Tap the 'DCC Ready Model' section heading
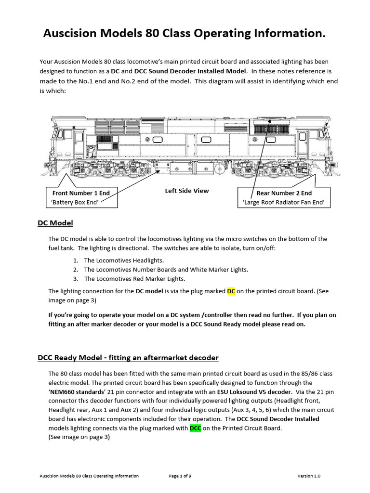point(128,357)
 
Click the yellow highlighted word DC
point(231,291)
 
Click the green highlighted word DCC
point(195,428)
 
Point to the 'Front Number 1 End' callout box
point(81,197)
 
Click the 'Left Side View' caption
point(187,191)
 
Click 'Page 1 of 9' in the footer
point(180,476)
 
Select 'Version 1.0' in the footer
point(309,476)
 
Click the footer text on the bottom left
point(89,476)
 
